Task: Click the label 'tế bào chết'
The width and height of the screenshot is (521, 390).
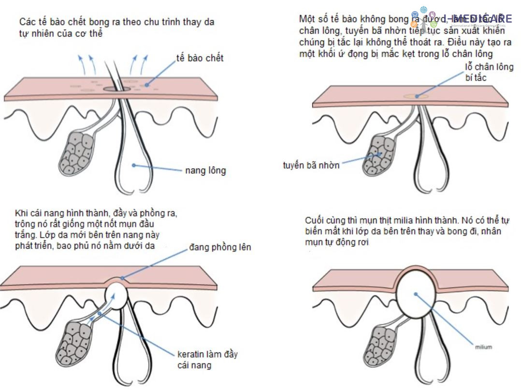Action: tap(200, 58)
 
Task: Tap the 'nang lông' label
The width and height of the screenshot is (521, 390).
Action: tap(205, 170)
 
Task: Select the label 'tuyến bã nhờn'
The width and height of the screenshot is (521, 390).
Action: tap(311, 165)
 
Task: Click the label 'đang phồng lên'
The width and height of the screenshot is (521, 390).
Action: tap(220, 248)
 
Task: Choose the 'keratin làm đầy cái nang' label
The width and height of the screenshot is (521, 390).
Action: tap(207, 360)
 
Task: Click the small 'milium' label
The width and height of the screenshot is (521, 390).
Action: tap(483, 347)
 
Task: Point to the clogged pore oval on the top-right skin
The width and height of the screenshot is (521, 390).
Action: tap(415, 97)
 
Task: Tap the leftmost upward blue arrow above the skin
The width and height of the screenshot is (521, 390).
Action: tap(81, 63)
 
